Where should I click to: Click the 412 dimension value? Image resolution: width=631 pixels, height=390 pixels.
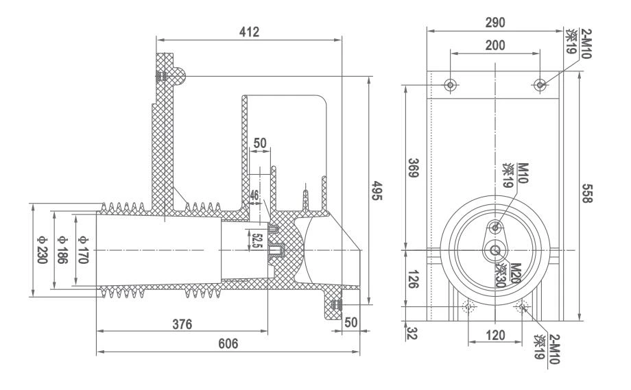(x=248, y=32)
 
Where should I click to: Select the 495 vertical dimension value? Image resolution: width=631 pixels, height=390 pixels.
(x=376, y=192)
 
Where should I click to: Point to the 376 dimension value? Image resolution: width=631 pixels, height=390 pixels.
(x=182, y=323)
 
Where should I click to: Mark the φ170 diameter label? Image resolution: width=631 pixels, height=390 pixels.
(x=83, y=250)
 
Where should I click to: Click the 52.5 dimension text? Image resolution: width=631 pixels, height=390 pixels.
(x=257, y=241)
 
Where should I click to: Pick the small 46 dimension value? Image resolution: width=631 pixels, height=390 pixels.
(x=254, y=195)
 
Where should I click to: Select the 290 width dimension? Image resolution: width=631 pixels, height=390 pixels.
(x=494, y=23)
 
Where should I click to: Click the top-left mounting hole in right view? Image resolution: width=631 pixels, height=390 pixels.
(x=450, y=85)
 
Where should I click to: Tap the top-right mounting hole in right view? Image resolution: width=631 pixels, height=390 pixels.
(x=540, y=85)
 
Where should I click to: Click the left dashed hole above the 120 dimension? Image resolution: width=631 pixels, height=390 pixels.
(x=469, y=307)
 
